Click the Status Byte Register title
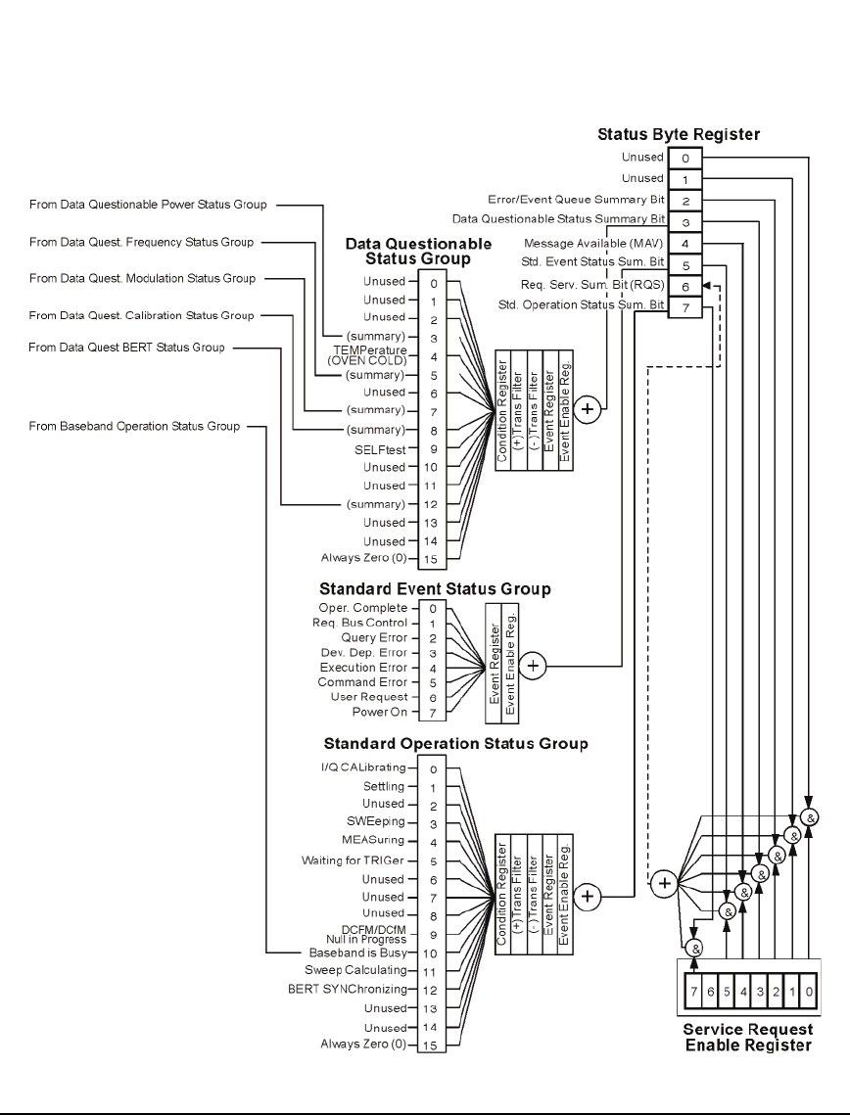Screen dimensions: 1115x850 (x=679, y=134)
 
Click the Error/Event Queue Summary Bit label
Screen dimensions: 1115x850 (x=576, y=200)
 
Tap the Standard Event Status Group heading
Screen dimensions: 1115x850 (x=435, y=589)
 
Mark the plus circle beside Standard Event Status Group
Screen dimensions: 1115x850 (x=533, y=666)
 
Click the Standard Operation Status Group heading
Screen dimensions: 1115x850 (x=454, y=744)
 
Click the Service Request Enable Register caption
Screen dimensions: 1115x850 (x=747, y=1038)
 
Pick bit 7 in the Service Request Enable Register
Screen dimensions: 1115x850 (x=692, y=993)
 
